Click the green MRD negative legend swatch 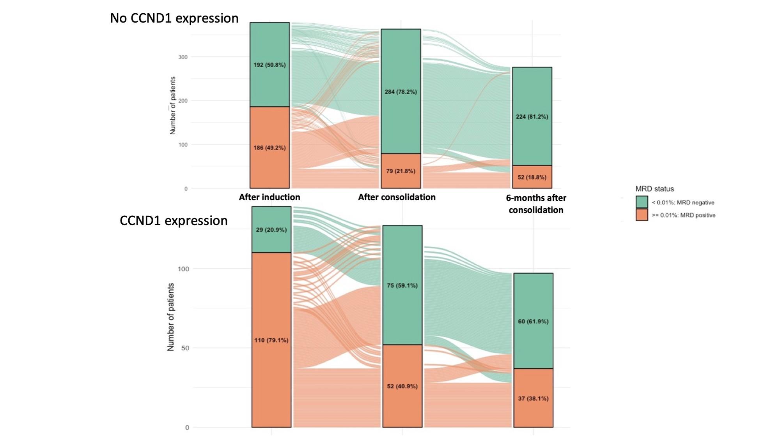coord(642,202)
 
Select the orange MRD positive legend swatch coord(642,215)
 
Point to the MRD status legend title coord(654,189)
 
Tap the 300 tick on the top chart coord(183,57)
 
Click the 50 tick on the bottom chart coord(185,348)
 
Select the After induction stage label coord(269,197)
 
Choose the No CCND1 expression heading coord(174,18)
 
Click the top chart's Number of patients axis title coord(172,106)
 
